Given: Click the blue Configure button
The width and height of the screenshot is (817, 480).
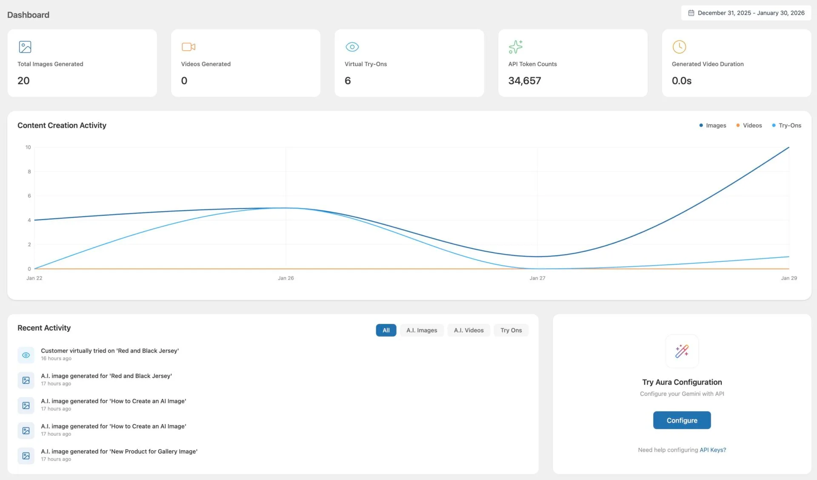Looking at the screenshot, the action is pyautogui.click(x=682, y=420).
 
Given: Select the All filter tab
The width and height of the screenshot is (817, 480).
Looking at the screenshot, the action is pyautogui.click(x=386, y=330).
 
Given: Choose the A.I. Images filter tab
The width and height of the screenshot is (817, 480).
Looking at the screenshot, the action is pyautogui.click(x=422, y=330).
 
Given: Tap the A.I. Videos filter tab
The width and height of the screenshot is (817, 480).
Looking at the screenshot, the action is pyautogui.click(x=468, y=330).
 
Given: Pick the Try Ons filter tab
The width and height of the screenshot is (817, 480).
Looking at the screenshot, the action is pyautogui.click(x=511, y=330).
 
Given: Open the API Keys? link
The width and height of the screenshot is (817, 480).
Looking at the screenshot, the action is pyautogui.click(x=713, y=450).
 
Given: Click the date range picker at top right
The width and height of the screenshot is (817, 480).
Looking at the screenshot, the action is pyautogui.click(x=746, y=13).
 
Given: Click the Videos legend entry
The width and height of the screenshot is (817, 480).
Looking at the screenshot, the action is pyautogui.click(x=749, y=126).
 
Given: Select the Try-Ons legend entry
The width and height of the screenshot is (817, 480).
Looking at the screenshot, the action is pyautogui.click(x=786, y=126).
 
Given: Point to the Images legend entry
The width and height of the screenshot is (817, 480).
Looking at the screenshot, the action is pyautogui.click(x=713, y=126).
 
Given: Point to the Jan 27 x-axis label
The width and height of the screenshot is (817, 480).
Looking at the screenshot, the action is pyautogui.click(x=537, y=278).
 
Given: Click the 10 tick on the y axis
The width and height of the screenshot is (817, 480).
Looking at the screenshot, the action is pyautogui.click(x=28, y=147).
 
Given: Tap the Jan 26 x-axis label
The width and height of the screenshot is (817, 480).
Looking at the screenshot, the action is pyautogui.click(x=286, y=278).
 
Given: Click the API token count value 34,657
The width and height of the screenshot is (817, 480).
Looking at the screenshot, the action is pyautogui.click(x=525, y=81).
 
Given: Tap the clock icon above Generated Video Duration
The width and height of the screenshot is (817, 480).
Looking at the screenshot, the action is pyautogui.click(x=679, y=47).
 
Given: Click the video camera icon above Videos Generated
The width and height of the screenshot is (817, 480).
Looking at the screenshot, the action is pyautogui.click(x=189, y=47).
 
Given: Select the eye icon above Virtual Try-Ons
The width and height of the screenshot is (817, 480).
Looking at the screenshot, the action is pyautogui.click(x=352, y=47).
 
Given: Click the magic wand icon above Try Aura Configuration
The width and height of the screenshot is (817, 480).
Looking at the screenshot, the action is pyautogui.click(x=682, y=351).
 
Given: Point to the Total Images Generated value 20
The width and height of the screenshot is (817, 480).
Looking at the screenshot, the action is pyautogui.click(x=23, y=81).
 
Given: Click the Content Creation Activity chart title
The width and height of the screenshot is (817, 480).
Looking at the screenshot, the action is pyautogui.click(x=62, y=126).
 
